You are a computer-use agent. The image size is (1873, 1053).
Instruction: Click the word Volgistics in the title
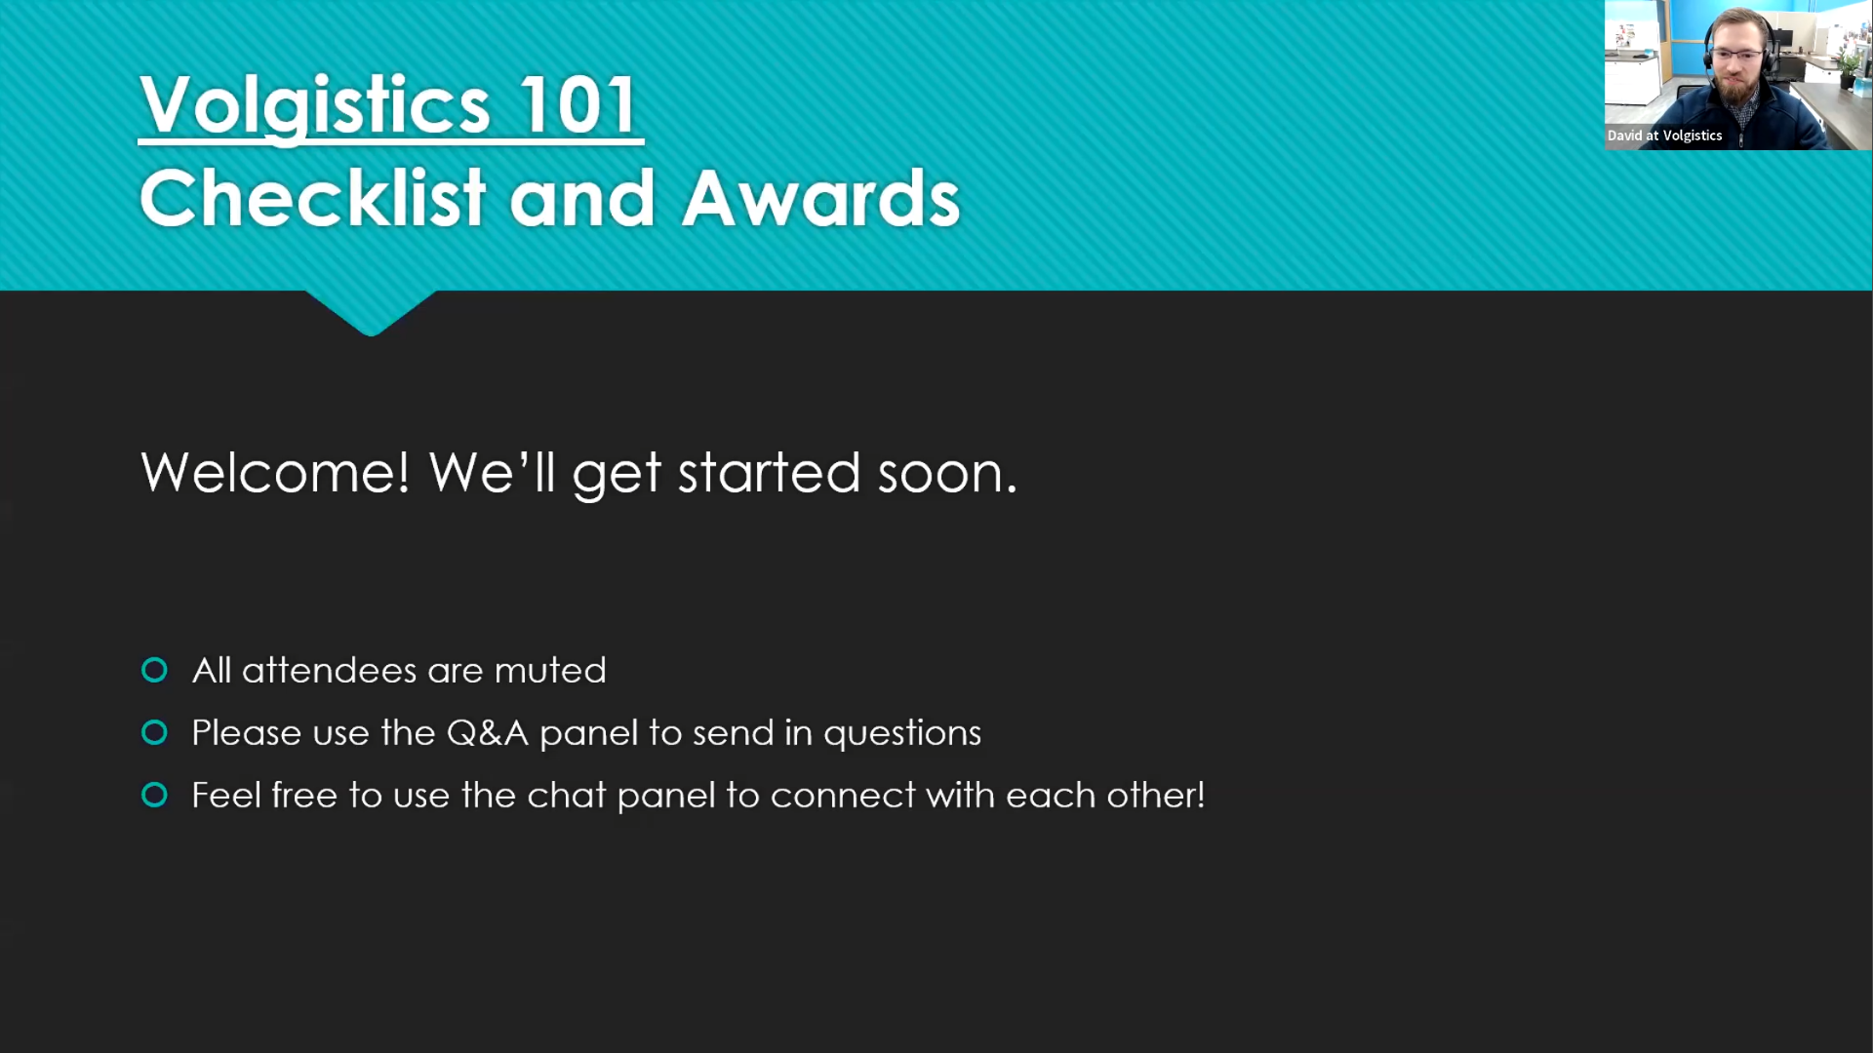[314, 105]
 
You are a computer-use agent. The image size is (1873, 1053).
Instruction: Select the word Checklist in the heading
[312, 197]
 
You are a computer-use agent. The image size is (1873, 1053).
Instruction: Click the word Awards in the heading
[821, 198]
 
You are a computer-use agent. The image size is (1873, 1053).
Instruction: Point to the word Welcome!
[275, 473]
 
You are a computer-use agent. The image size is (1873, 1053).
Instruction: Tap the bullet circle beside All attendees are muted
[154, 670]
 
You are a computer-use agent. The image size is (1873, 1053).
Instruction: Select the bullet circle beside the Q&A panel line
[154, 732]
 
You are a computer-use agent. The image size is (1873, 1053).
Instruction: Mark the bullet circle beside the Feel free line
[154, 795]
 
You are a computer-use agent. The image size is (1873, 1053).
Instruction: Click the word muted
[550, 671]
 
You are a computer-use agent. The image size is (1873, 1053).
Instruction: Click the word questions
[902, 734]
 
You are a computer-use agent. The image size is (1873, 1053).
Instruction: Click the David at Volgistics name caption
[1664, 136]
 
